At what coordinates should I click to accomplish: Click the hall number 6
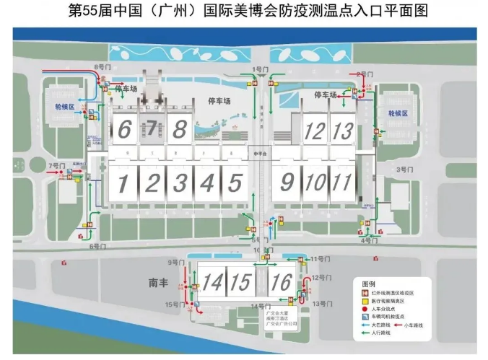click(x=124, y=130)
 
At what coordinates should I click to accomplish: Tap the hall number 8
click(x=180, y=130)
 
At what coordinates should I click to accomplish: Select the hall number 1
click(x=123, y=182)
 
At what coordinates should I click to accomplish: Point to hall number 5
click(x=234, y=182)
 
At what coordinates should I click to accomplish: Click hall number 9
click(x=287, y=182)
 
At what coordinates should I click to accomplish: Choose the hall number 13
click(x=344, y=131)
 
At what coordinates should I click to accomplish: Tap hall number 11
click(x=342, y=182)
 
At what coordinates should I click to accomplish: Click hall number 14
click(x=212, y=281)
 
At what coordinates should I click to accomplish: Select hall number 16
click(x=281, y=281)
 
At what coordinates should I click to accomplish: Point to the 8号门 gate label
click(x=105, y=66)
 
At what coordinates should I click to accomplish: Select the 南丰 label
click(x=157, y=283)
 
